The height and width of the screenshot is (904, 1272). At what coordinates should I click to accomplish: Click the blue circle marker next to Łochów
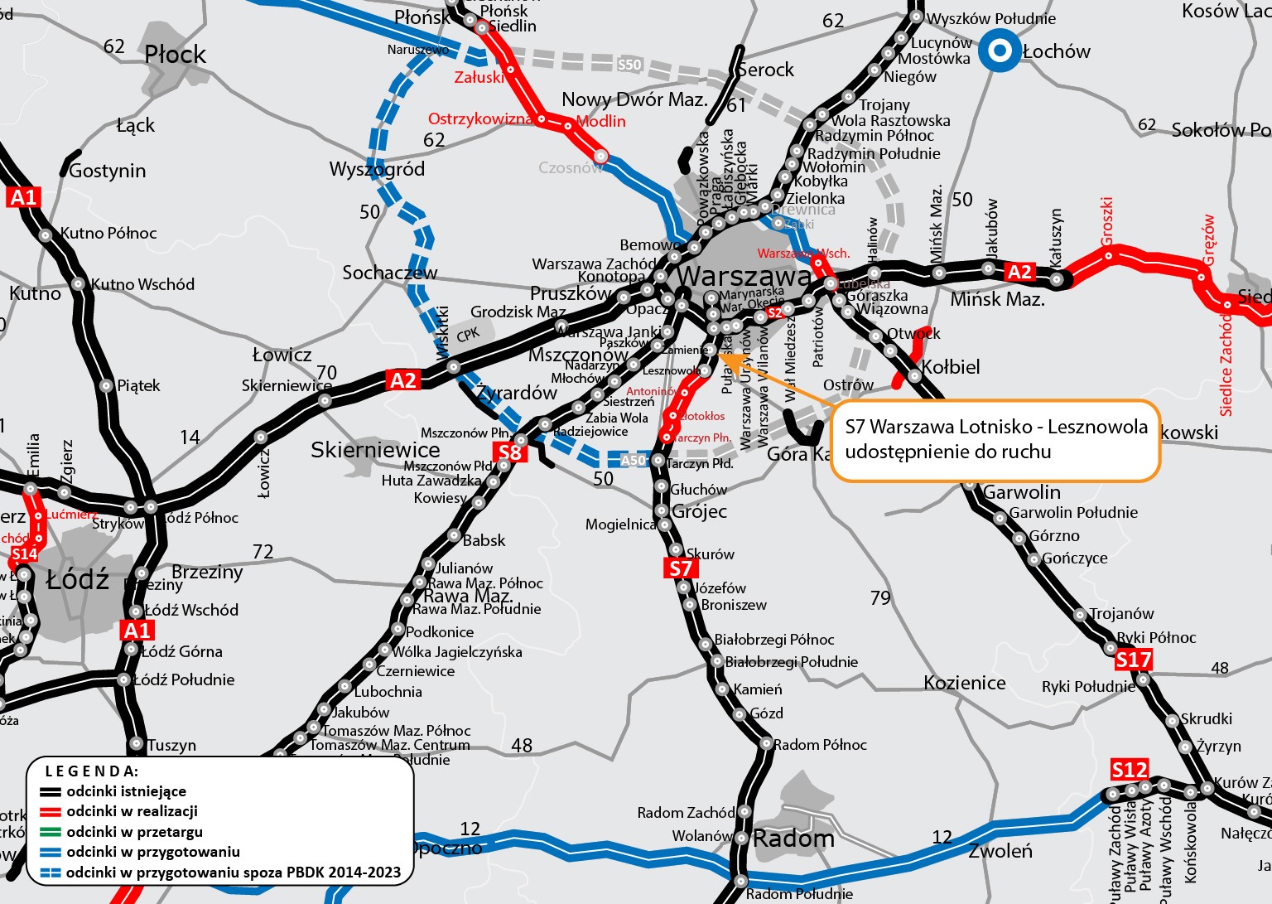1000,51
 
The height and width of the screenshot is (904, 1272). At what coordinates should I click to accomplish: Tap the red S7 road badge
680,568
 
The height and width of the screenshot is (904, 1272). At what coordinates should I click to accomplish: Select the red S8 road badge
509,452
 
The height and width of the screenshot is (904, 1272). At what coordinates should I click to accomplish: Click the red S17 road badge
1133,660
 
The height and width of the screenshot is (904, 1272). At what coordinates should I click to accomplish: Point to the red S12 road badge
1129,770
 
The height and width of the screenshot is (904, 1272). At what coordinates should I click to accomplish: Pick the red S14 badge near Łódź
24,554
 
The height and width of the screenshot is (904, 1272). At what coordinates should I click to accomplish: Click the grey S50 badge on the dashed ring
629,65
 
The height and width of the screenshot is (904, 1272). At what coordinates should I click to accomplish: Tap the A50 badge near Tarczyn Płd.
633,460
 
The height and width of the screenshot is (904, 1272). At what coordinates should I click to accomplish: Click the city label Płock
175,55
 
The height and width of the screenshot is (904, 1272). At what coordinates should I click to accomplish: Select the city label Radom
793,839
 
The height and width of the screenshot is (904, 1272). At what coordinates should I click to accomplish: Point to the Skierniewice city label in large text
375,450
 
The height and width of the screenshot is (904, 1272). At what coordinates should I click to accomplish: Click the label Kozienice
965,683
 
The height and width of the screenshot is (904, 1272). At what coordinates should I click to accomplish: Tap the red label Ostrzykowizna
480,119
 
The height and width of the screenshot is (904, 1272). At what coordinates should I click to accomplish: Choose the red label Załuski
479,78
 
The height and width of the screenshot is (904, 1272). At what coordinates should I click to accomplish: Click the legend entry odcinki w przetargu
134,832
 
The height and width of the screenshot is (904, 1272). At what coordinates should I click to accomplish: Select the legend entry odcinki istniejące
126,791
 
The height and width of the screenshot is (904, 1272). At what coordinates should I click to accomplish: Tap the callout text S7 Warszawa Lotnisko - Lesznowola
995,427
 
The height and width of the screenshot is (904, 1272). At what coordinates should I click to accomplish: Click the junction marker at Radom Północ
766,744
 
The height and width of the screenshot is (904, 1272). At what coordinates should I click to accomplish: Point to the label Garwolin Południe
1073,513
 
